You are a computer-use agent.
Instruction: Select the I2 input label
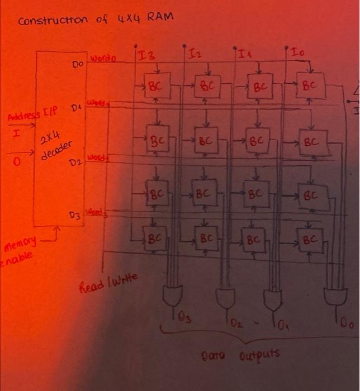(194, 54)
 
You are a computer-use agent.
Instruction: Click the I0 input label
(297, 52)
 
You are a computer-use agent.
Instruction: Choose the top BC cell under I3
(157, 87)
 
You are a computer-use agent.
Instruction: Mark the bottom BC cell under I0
(309, 241)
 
